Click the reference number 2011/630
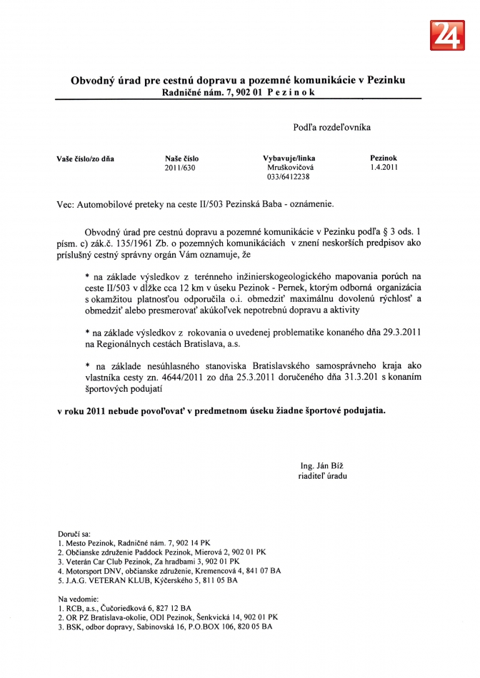click(x=179, y=168)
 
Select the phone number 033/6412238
click(x=289, y=177)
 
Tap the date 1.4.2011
click(x=384, y=168)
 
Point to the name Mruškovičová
click(x=289, y=168)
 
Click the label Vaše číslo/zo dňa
click(x=85, y=159)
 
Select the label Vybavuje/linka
click(x=289, y=159)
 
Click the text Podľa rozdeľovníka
click(x=331, y=128)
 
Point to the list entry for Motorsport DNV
click(x=169, y=571)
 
